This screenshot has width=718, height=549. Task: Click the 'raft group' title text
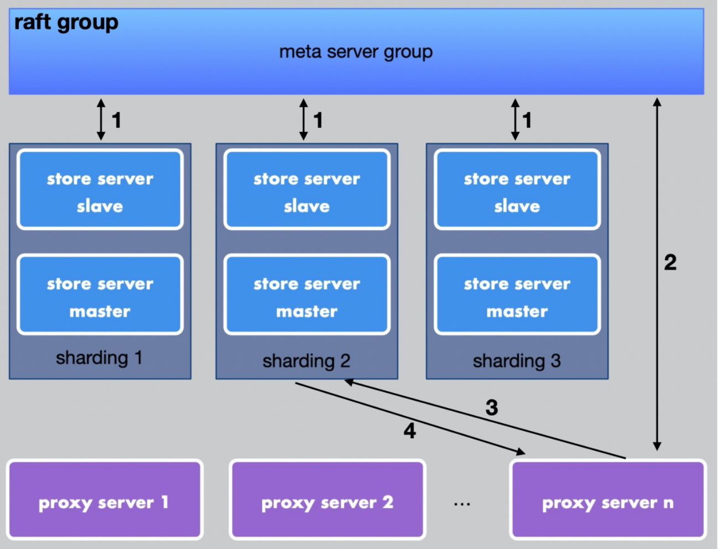pyautogui.click(x=66, y=23)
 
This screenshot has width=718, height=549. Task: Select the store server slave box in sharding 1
pyautogui.click(x=100, y=189)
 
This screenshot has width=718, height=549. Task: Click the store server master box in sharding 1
pyautogui.click(x=100, y=294)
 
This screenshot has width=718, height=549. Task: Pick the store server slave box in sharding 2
pyautogui.click(x=307, y=189)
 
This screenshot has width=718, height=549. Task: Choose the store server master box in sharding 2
pyautogui.click(x=307, y=294)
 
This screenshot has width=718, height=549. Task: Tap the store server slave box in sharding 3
pyautogui.click(x=517, y=189)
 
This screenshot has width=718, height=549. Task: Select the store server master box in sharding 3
pyautogui.click(x=517, y=294)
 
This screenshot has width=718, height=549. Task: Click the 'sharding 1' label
pyautogui.click(x=100, y=358)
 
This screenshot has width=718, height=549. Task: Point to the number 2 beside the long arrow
pyautogui.click(x=670, y=262)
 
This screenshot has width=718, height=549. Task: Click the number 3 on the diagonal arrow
pyautogui.click(x=492, y=408)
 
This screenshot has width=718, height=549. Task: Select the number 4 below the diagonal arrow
pyautogui.click(x=410, y=431)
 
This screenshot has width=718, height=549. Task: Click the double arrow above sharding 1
pyautogui.click(x=101, y=120)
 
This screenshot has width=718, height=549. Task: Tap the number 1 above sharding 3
pyautogui.click(x=527, y=120)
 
